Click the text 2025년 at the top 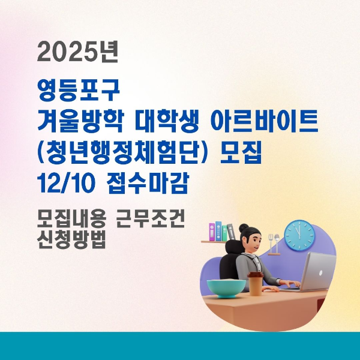click(78, 54)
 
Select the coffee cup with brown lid click(255, 282)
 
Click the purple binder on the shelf click(211, 232)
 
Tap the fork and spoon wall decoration click(274, 242)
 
